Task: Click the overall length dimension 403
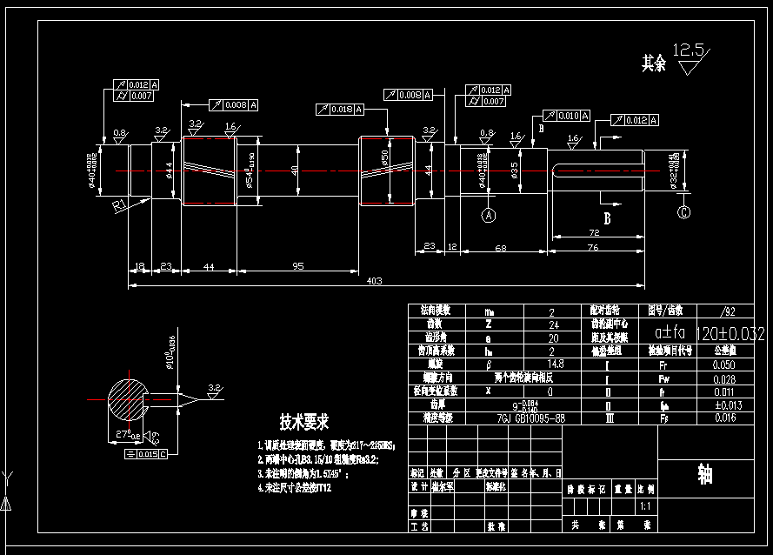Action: click(x=375, y=280)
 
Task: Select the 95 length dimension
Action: click(x=298, y=266)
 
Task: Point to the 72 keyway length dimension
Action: click(x=595, y=234)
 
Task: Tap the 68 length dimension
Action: click(x=501, y=249)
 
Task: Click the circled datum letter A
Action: click(x=489, y=213)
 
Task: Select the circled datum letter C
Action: click(x=684, y=211)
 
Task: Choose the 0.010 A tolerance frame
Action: click(x=566, y=116)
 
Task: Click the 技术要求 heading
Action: click(x=303, y=423)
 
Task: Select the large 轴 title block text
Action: click(x=705, y=474)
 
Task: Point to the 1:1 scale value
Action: click(x=645, y=505)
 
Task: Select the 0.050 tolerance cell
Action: click(x=723, y=364)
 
